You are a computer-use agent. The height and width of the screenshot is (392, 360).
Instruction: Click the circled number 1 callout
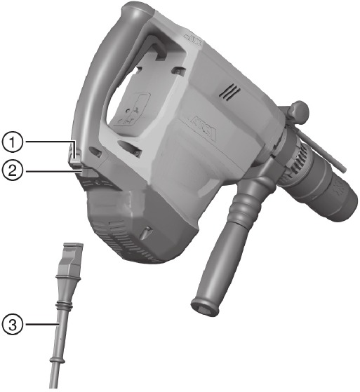[x=12, y=142]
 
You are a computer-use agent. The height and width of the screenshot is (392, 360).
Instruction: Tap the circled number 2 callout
[x=12, y=170]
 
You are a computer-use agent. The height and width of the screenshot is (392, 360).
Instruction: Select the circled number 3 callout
[x=12, y=324]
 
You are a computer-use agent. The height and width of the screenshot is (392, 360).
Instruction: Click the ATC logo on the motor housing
[x=203, y=128]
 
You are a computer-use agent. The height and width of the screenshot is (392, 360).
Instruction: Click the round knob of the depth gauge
[x=299, y=111]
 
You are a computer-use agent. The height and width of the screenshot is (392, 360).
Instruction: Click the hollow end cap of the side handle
[x=205, y=306]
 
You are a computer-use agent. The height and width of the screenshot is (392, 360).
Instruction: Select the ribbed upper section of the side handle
[x=244, y=205]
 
